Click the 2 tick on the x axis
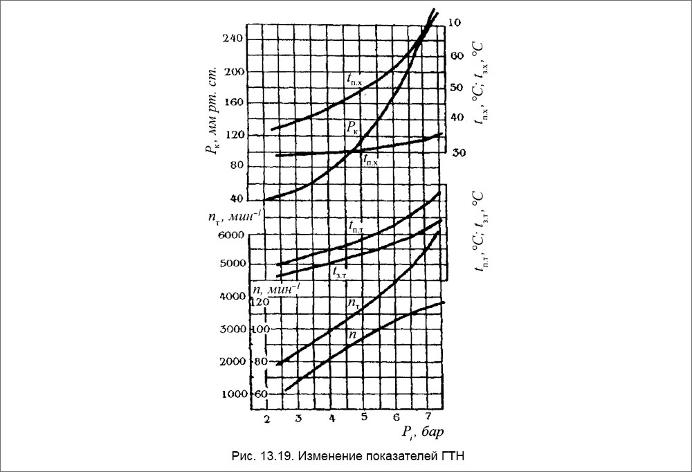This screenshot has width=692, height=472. point(266,419)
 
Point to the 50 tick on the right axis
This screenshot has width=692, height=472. point(457,87)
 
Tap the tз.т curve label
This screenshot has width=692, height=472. point(339,271)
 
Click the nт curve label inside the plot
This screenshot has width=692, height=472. point(353,303)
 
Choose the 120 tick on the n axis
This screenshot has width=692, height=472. point(258,302)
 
